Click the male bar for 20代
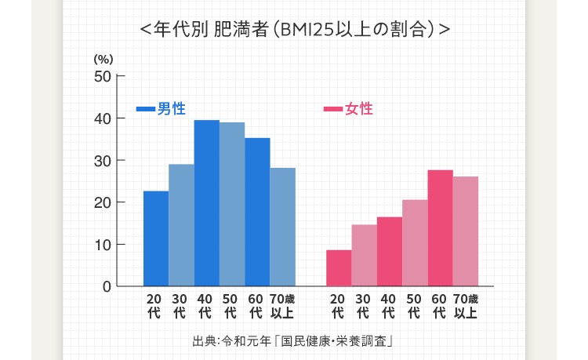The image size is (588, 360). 156,238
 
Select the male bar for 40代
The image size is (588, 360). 207,203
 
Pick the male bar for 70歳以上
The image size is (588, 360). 283,227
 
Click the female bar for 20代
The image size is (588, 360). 339,267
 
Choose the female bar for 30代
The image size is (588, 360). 364,255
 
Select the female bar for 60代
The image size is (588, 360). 440,228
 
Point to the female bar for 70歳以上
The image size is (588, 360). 466,231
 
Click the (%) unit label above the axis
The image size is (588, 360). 103,59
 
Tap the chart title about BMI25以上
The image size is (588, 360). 293,31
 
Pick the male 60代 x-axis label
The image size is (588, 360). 256,306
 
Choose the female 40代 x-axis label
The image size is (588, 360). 388,306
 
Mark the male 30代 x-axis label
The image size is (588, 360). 180,306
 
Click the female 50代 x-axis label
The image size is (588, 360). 413,306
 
